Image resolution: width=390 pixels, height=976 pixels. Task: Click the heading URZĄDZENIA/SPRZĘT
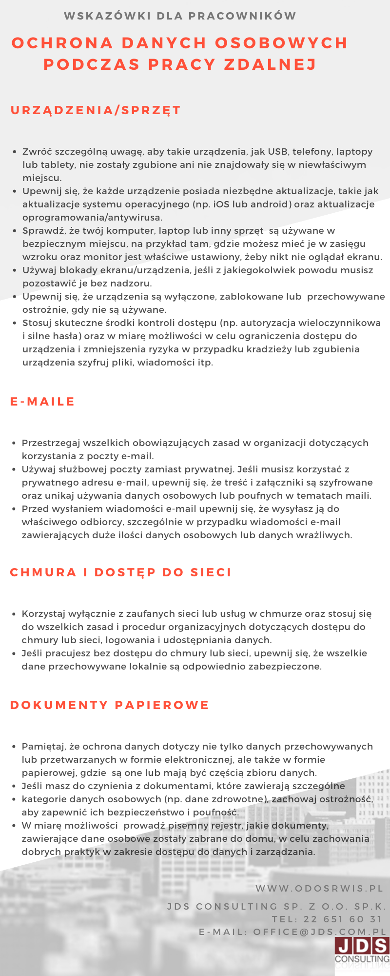(x=96, y=110)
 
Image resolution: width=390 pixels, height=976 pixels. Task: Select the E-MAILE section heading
(x=42, y=402)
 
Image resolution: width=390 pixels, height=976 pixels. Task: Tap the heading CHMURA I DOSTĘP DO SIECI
(x=120, y=572)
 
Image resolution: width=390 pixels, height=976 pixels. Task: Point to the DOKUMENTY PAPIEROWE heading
(x=109, y=705)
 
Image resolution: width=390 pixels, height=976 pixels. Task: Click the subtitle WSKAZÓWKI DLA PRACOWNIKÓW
(x=180, y=16)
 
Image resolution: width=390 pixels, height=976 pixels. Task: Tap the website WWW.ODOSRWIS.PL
(x=320, y=889)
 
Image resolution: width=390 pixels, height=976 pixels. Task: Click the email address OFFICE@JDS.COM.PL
(x=320, y=932)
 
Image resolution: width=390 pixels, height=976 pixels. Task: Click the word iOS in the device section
(x=221, y=204)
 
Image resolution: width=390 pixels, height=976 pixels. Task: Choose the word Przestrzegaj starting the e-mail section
(x=51, y=443)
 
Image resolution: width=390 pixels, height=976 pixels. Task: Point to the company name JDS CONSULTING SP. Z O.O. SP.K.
(x=276, y=907)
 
